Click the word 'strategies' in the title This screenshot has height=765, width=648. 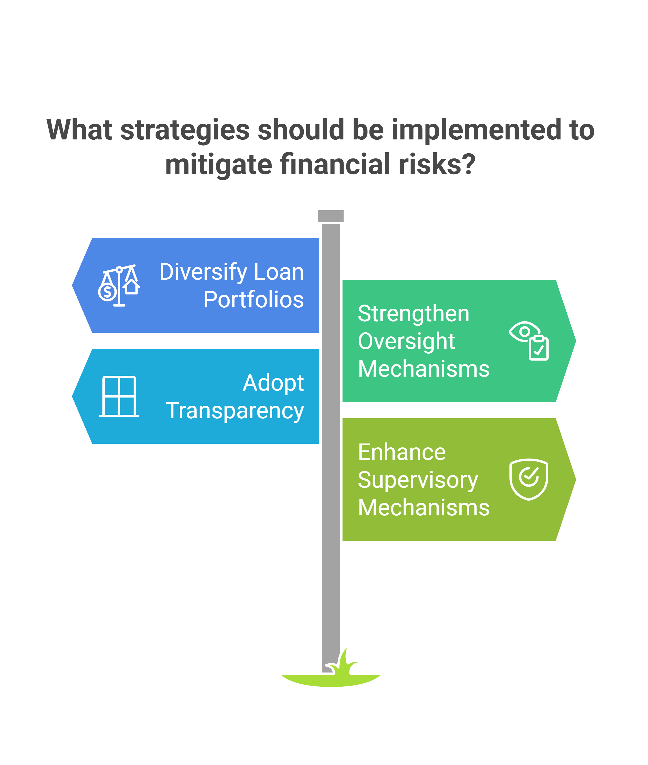tap(185, 130)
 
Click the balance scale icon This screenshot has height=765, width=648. tap(119, 286)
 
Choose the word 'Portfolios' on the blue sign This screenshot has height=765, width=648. tap(254, 299)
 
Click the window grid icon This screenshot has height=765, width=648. tap(119, 396)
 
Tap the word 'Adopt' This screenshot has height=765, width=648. tap(273, 383)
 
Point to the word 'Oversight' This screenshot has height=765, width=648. tap(407, 342)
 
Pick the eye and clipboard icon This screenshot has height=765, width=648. tap(529, 341)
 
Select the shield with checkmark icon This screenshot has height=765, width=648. tap(529, 479)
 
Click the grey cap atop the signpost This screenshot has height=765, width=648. tap(331, 216)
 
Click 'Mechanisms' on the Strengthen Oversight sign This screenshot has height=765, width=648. tap(424, 369)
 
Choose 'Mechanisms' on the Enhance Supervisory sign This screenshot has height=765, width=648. tap(424, 507)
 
